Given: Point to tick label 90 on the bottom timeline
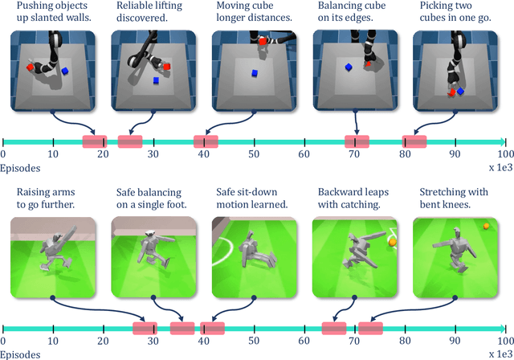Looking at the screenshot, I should pos(454,341).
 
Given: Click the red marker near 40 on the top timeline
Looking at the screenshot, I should pos(206,141).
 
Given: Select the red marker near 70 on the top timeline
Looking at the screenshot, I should pos(357,141).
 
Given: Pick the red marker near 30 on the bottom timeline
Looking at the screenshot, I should pos(145,328).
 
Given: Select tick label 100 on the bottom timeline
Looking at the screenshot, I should pos(503,341).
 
